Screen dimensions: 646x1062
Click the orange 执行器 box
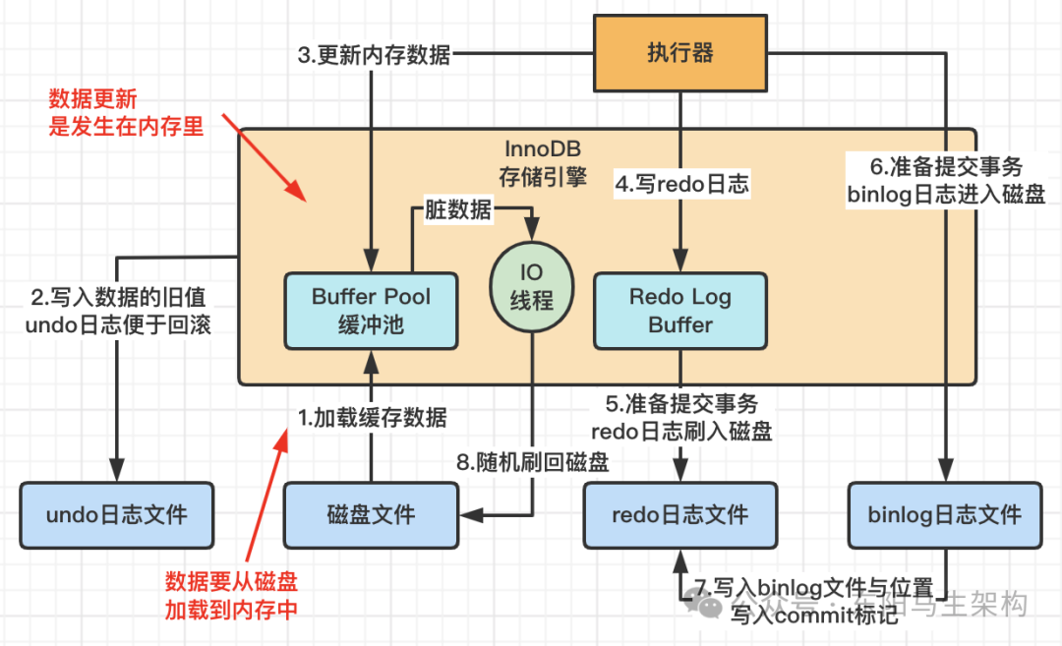pyautogui.click(x=679, y=53)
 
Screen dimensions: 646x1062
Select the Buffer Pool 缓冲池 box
pyautogui.click(x=371, y=310)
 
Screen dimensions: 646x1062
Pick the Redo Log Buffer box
pyautogui.click(x=680, y=310)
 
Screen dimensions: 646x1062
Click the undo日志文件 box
pyautogui.click(x=117, y=514)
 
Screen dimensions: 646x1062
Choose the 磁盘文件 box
pyautogui.click(x=371, y=514)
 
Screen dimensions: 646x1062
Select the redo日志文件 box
pyautogui.click(x=679, y=514)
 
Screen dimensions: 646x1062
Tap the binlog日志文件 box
pyautogui.click(x=944, y=514)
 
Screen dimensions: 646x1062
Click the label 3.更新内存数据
pyautogui.click(x=374, y=55)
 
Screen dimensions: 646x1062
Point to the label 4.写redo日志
pyautogui.click(x=681, y=183)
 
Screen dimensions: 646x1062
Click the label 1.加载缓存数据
pyautogui.click(x=373, y=418)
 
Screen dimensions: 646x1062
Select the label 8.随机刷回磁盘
pyautogui.click(x=532, y=462)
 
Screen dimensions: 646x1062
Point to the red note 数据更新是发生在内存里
pyautogui.click(x=127, y=112)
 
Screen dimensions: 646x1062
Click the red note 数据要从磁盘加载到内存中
pyautogui.click(x=231, y=595)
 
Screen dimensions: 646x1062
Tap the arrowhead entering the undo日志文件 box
pyautogui.click(x=117, y=473)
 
